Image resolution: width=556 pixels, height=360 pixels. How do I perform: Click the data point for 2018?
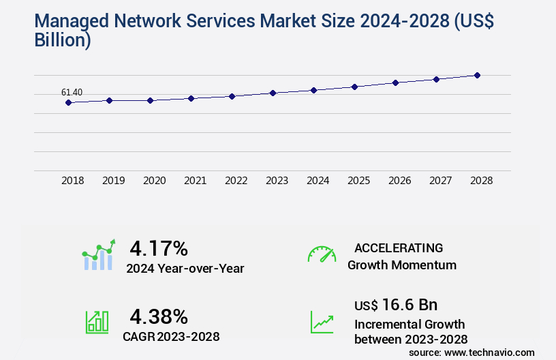68,102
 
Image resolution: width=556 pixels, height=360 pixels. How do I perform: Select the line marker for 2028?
477,75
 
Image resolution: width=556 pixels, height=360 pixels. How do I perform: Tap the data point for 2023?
273,93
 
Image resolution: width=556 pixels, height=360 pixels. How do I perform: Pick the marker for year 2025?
354,87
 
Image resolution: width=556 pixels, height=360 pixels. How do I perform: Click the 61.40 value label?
72,92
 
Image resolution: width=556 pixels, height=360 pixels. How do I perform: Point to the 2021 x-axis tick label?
195,181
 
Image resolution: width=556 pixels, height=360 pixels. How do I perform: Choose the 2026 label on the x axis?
399,181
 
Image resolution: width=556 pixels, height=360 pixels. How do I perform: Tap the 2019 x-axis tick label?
113,181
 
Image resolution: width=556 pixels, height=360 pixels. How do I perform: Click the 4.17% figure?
159,247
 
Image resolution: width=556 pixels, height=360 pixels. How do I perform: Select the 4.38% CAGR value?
159,316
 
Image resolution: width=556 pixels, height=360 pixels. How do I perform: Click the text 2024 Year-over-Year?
185,268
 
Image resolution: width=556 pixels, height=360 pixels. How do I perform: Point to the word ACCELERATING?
399,247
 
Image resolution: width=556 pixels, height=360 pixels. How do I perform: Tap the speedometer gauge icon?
322,254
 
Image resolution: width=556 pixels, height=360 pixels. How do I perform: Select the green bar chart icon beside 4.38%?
97,322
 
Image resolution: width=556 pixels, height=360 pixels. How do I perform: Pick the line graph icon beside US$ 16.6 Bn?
322,322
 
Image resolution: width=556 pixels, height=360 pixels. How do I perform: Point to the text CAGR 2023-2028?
171,336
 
